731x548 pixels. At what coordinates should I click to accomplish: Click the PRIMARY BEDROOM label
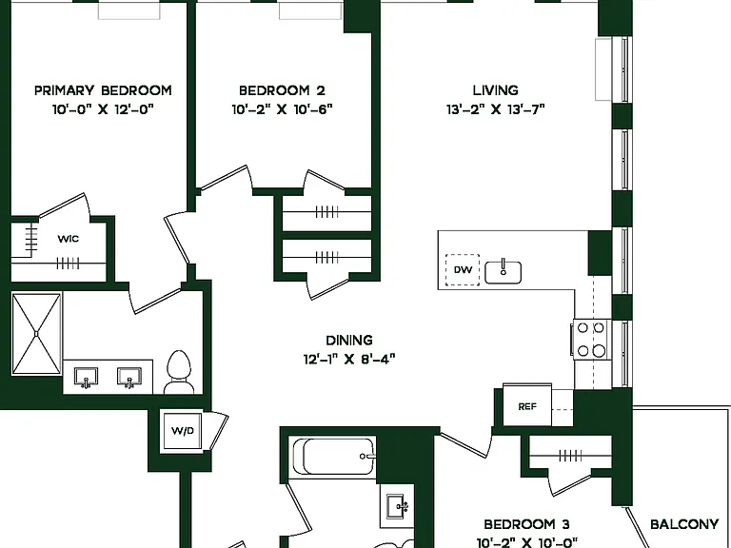pyautogui.click(x=103, y=90)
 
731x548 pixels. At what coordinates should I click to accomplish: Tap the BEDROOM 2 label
pyautogui.click(x=282, y=90)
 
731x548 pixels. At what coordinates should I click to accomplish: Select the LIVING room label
pyautogui.click(x=495, y=90)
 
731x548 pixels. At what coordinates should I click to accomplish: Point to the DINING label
pyautogui.click(x=349, y=341)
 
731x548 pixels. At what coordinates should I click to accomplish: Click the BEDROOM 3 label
pyautogui.click(x=526, y=524)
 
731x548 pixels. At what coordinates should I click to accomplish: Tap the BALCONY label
pyautogui.click(x=684, y=524)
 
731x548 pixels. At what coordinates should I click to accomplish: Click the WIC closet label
pyautogui.click(x=69, y=239)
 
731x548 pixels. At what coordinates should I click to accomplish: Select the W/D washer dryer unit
pyautogui.click(x=183, y=431)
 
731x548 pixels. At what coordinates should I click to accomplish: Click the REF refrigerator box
pyautogui.click(x=527, y=405)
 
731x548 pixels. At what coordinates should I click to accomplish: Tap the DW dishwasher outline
pyautogui.click(x=463, y=270)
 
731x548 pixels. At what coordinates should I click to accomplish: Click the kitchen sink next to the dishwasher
pyautogui.click(x=503, y=272)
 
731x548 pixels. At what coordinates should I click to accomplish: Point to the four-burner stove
pyautogui.click(x=590, y=340)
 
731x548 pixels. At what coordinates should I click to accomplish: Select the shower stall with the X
pyautogui.click(x=36, y=334)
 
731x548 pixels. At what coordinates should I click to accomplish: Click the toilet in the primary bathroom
pyautogui.click(x=179, y=372)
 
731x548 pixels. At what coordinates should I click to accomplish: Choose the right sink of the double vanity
pyautogui.click(x=129, y=378)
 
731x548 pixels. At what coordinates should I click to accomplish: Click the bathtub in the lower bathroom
pyautogui.click(x=334, y=456)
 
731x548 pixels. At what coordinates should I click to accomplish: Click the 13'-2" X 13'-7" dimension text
pyautogui.click(x=496, y=109)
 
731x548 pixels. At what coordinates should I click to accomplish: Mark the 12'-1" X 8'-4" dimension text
pyautogui.click(x=349, y=360)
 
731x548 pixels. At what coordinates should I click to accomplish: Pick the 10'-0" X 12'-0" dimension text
pyautogui.click(x=103, y=109)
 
